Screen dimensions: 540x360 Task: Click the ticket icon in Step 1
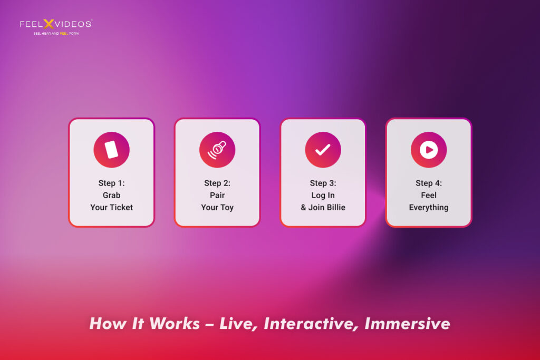pos(112,150)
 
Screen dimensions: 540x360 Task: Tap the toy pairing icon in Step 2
pos(217,150)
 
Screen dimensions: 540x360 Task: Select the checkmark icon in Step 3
pos(323,150)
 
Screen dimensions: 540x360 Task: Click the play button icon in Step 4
pos(429,150)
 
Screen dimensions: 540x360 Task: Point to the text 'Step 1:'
pos(112,183)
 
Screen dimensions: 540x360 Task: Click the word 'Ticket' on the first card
pos(121,207)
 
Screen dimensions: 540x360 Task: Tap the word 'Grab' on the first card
pos(112,195)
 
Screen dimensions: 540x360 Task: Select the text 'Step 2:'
pos(217,183)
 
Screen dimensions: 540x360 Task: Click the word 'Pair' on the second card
pos(217,195)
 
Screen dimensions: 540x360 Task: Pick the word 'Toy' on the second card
pos(227,208)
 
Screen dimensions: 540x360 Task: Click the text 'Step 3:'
pos(323,183)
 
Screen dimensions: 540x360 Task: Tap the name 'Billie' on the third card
pos(335,207)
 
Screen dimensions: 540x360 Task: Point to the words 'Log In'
pos(323,196)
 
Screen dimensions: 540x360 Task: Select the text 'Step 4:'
pos(429,183)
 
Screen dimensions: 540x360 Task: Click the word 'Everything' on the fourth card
pos(429,208)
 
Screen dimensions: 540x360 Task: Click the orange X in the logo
pos(49,24)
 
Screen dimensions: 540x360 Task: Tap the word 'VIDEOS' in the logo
pos(73,24)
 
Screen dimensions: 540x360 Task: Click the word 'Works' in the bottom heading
pos(175,324)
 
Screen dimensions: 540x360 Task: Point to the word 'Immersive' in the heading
pos(408,324)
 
